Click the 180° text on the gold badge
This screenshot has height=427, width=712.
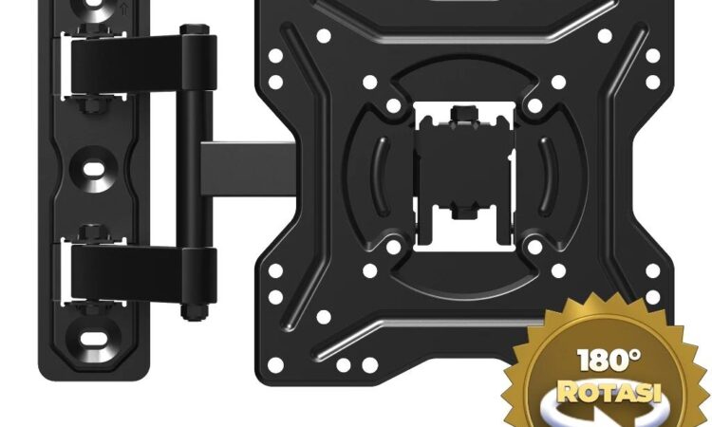pos(609,360)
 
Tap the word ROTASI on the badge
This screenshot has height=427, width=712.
pos(609,392)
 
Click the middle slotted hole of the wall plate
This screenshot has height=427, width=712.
pos(93,170)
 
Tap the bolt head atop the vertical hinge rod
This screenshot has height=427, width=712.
pos(195,30)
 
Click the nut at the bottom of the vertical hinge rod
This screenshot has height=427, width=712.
pos(195,312)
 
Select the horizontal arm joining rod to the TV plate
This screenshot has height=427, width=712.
pos(249,169)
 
